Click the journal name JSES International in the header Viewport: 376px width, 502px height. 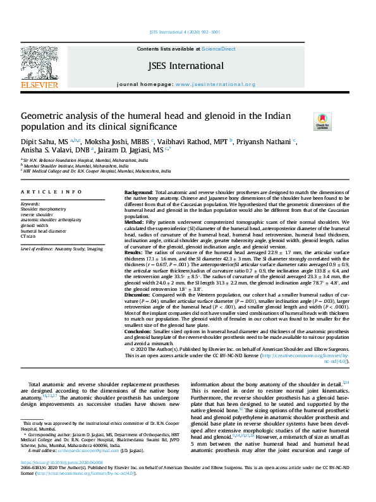185,66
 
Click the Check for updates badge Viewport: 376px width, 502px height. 322,119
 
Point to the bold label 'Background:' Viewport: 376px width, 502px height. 138,192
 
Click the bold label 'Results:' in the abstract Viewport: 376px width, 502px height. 135,252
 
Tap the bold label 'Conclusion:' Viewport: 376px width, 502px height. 138,331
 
